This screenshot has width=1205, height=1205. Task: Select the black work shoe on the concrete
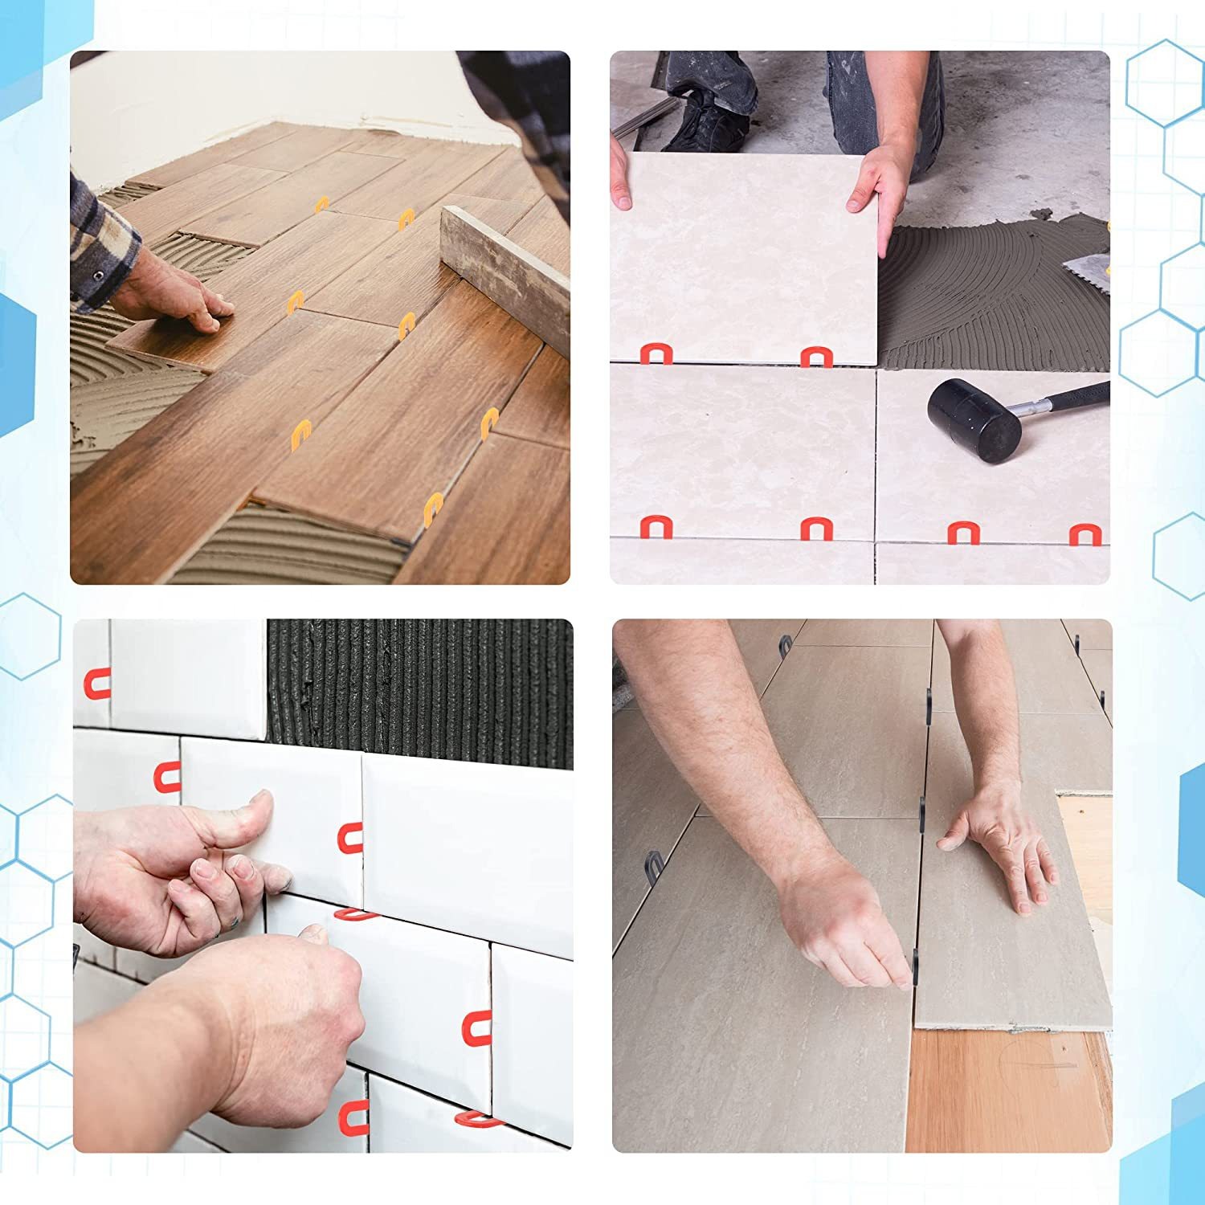point(707,120)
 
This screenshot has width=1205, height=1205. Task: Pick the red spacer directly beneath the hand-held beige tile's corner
point(816,357)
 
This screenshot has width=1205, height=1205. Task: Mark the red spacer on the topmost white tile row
point(96,684)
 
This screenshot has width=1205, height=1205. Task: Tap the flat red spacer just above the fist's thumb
point(353,913)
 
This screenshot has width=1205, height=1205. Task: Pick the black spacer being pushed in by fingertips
point(914,968)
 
